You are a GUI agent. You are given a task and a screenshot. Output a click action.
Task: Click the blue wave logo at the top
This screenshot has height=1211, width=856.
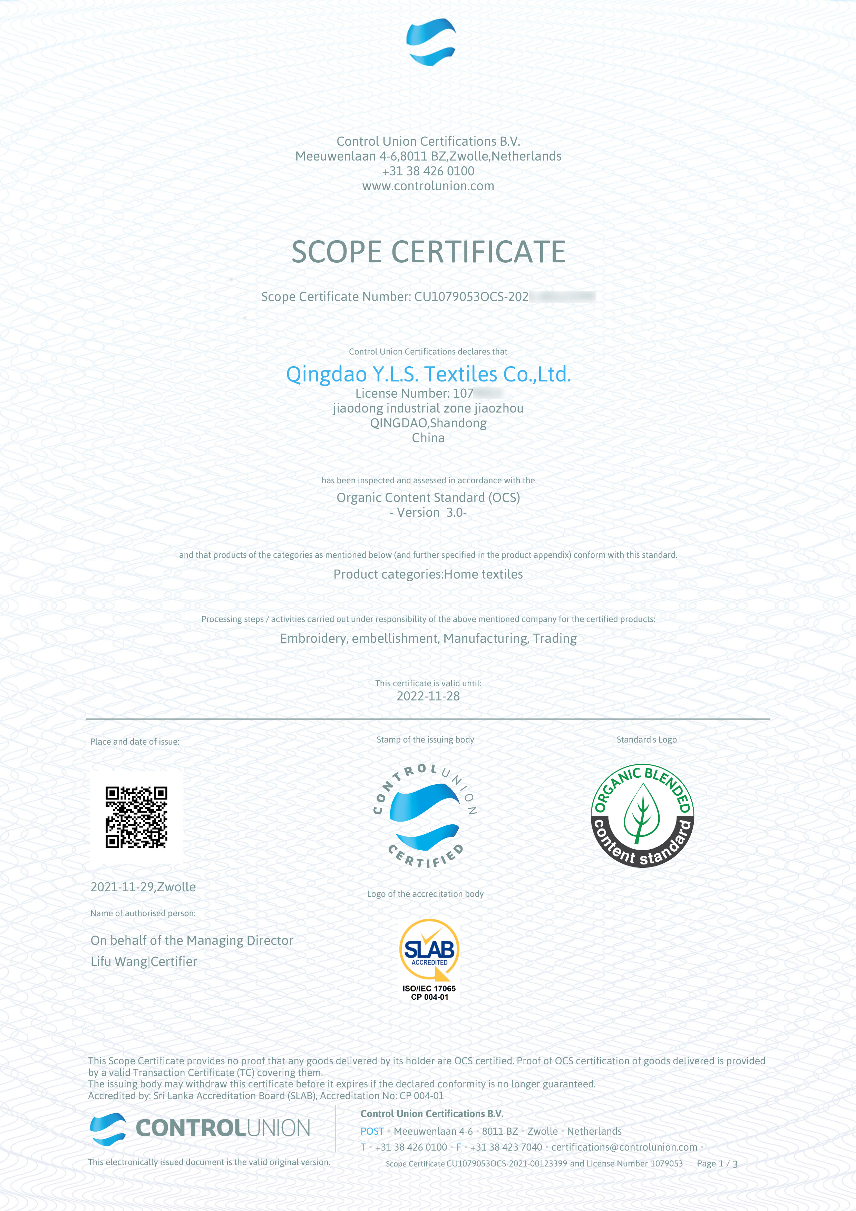pyautogui.click(x=430, y=42)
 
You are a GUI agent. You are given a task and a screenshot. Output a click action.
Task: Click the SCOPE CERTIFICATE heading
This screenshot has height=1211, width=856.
pyautogui.click(x=428, y=252)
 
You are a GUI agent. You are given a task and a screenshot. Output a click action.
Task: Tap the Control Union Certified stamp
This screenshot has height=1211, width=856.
pyautogui.click(x=425, y=816)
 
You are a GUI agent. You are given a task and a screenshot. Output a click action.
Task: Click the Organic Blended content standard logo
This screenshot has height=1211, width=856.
pyautogui.click(x=642, y=815)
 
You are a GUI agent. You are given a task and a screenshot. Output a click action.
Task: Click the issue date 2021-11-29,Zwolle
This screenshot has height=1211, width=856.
pyautogui.click(x=143, y=887)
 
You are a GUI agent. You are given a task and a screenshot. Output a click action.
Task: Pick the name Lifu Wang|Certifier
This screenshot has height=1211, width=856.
pyautogui.click(x=144, y=961)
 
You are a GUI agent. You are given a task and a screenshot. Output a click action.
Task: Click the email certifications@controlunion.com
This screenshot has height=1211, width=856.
pyautogui.click(x=624, y=1147)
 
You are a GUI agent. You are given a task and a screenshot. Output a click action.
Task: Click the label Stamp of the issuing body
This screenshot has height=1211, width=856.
pyautogui.click(x=425, y=739)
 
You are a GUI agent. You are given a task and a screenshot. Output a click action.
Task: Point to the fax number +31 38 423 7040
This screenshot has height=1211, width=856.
pyautogui.click(x=506, y=1147)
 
